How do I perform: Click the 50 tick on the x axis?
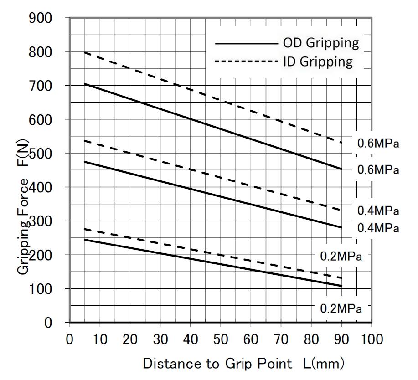pos(221,339)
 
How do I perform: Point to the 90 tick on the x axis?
pos(341,339)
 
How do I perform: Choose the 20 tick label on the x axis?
pos(130,339)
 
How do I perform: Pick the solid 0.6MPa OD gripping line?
pos(205,126)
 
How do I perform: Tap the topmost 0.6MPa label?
pos(378,144)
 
